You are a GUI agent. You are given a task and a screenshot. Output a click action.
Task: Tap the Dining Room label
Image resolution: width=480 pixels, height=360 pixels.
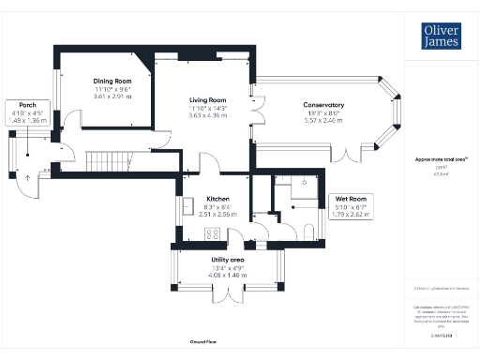(x=111, y=81)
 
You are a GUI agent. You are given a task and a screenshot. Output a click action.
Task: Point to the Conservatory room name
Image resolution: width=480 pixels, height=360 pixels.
(x=322, y=105)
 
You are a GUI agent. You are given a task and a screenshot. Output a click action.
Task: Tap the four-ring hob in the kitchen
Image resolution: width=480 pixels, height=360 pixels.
(x=212, y=234)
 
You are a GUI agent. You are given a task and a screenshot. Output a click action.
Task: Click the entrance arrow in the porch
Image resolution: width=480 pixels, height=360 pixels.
(x=27, y=175)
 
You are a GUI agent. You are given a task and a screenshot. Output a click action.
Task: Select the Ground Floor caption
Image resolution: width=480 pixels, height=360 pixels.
(x=203, y=343)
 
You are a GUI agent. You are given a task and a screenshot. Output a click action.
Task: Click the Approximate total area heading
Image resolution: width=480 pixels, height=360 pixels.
(x=434, y=159)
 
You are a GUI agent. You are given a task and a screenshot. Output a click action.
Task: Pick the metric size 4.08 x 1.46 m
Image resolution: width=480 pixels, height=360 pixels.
(x=228, y=276)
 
